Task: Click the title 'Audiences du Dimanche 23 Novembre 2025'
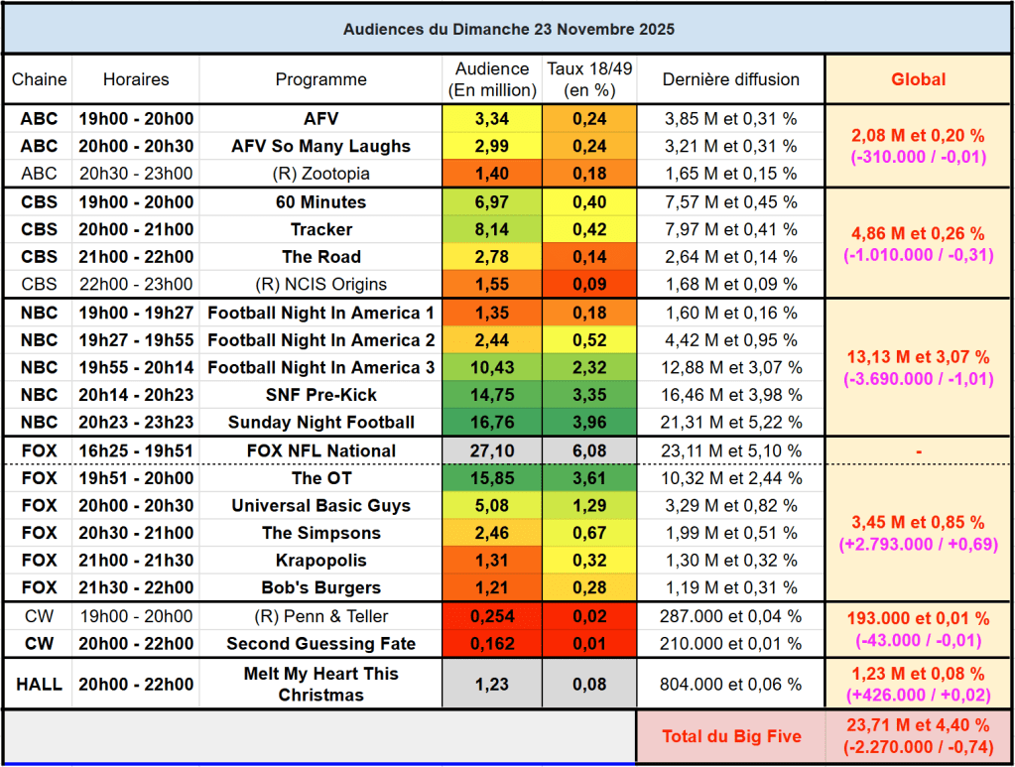[508, 29]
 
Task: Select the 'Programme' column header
[320, 79]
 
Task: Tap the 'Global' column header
[918, 79]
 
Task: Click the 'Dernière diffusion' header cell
[730, 79]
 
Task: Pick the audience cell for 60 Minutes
[491, 202]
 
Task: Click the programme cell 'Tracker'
[320, 229]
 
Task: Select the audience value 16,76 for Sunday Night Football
[491, 422]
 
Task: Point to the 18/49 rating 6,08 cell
[588, 450]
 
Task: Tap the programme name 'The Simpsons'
[320, 533]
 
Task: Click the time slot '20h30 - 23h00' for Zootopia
[136, 173]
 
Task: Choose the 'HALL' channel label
[40, 684]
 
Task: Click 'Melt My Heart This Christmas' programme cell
[320, 684]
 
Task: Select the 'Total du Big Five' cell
[730, 736]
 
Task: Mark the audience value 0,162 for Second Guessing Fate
[491, 643]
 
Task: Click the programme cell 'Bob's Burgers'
[320, 586]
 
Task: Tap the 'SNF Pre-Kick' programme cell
[320, 395]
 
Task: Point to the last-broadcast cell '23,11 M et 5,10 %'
[730, 450]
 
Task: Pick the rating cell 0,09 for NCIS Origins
[588, 284]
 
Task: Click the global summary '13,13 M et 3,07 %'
[918, 356]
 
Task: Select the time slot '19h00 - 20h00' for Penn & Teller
[136, 616]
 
